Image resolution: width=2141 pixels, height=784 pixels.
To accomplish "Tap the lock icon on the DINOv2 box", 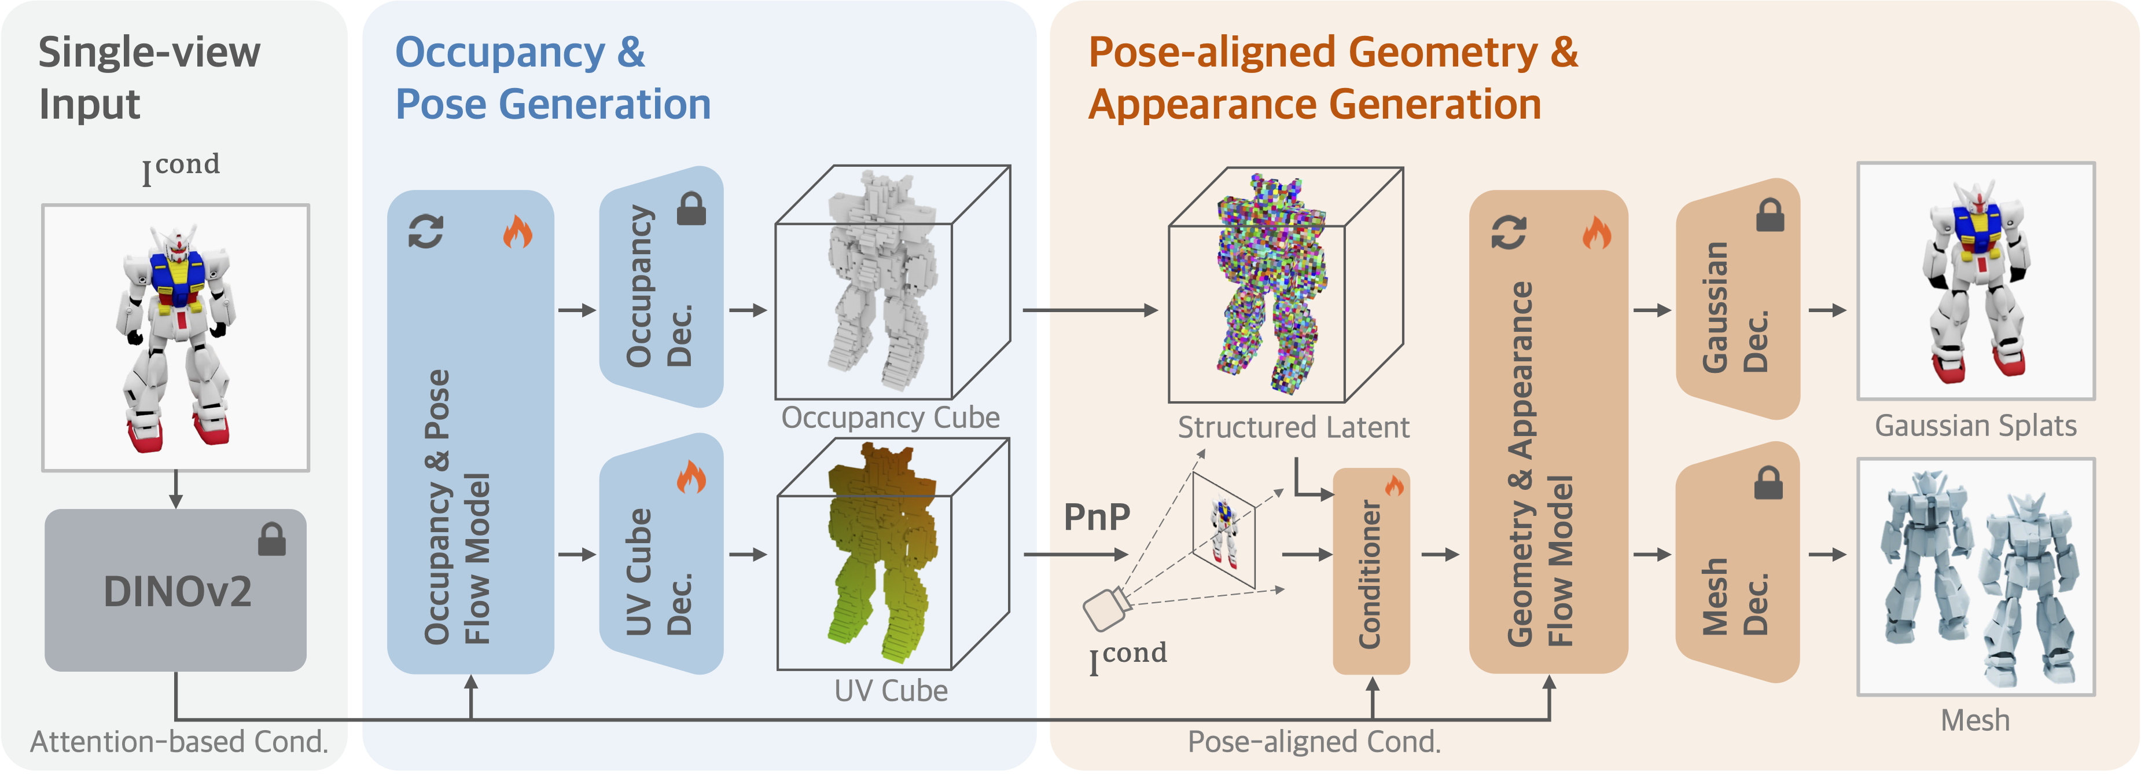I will point(272,540).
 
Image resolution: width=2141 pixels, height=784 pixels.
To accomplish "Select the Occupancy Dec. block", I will point(661,287).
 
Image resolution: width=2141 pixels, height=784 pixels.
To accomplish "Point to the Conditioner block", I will point(1371,573).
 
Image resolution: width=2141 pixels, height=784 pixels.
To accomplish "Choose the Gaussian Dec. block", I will point(1737,299).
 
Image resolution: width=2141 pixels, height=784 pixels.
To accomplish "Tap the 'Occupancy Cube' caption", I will point(890,417).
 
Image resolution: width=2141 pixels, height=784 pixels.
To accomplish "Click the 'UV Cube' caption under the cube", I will point(890,691).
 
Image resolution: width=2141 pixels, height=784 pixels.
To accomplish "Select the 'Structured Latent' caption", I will point(1293,427).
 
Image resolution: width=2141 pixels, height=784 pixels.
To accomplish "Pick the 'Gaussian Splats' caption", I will point(1976,426).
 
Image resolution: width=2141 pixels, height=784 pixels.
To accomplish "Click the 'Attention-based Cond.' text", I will point(179,742).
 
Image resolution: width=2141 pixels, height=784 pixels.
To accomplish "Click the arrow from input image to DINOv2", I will point(175,490).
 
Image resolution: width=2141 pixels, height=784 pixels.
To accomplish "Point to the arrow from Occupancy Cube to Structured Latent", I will point(1090,310).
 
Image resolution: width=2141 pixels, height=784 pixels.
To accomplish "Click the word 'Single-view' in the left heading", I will point(150,52).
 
